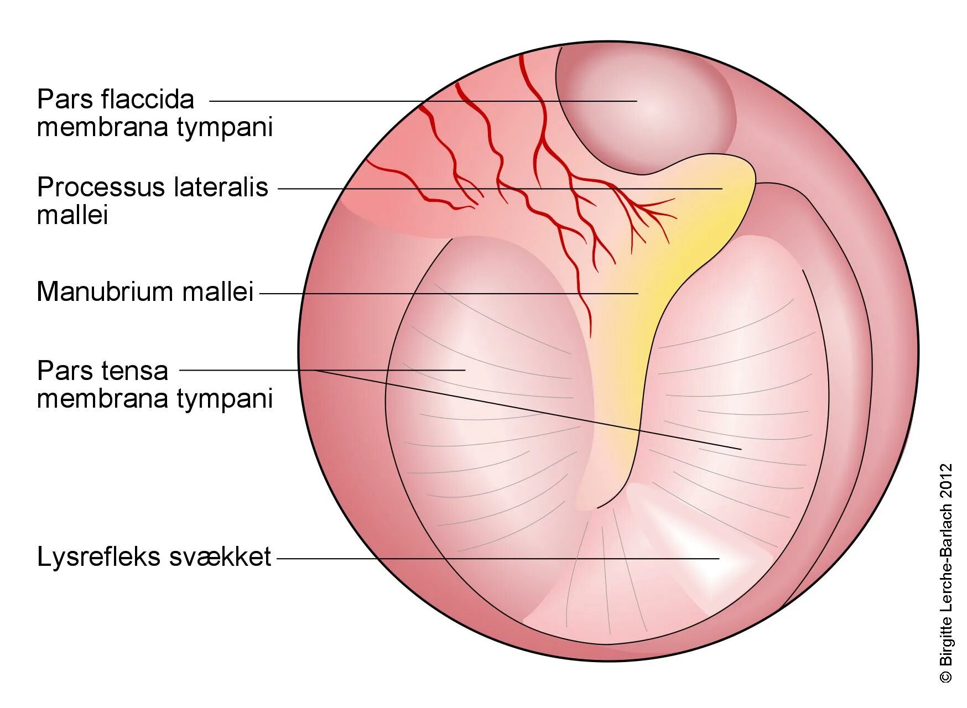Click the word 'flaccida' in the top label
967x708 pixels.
[x=148, y=100]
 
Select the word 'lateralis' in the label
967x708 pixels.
[x=221, y=188]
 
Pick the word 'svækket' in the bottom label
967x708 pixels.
[x=220, y=557]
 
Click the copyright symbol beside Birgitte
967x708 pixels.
[x=946, y=676]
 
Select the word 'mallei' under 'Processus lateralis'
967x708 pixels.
[x=72, y=215]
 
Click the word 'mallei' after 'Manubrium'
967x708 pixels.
[x=218, y=291]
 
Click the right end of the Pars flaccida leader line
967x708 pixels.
[x=636, y=101]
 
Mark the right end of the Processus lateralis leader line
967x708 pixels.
[x=721, y=189]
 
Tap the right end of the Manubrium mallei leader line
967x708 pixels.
[x=637, y=294]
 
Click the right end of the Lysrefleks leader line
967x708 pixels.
[x=718, y=559]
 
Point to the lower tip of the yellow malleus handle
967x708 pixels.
[x=600, y=504]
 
